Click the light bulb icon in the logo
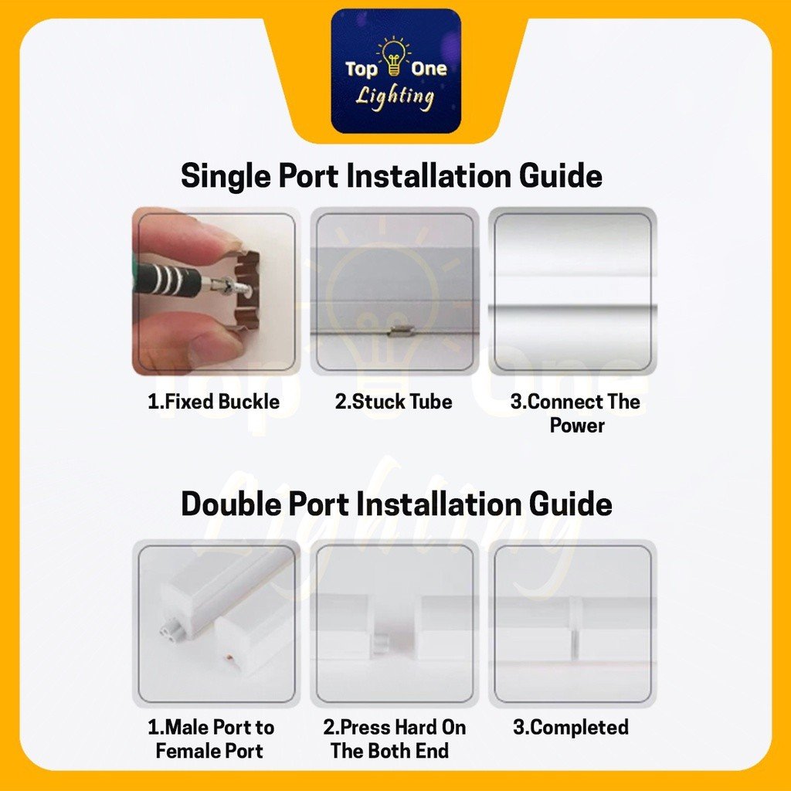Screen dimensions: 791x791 click(393, 56)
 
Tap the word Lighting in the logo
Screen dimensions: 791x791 click(395, 97)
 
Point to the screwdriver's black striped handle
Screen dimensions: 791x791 click(169, 279)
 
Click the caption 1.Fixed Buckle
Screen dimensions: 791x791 click(213, 402)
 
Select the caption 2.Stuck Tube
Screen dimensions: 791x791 click(393, 402)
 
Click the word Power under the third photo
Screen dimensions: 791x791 click(576, 426)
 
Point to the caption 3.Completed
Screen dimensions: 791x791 click(571, 727)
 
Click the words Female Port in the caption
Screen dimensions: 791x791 click(209, 751)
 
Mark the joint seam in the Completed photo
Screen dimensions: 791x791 click(574, 629)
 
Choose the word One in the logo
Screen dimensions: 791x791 click(429, 69)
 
